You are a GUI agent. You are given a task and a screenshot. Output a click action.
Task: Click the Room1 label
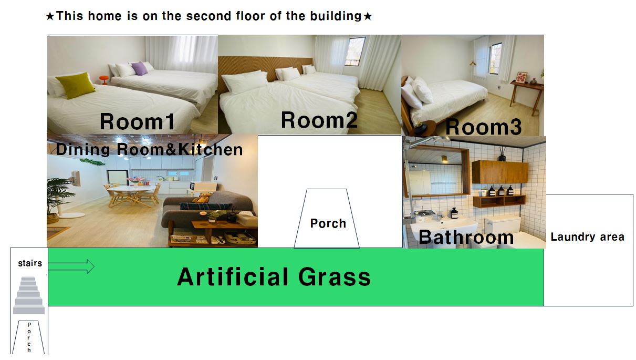click(138, 121)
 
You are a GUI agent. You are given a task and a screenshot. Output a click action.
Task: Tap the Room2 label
click(319, 120)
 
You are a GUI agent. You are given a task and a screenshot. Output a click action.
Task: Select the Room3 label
click(484, 127)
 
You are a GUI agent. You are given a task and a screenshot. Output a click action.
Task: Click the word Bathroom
click(466, 237)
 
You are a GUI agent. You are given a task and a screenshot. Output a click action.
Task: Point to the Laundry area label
click(588, 236)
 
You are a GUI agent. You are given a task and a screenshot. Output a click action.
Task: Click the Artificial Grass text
click(274, 277)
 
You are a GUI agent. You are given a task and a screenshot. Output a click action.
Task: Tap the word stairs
click(30, 263)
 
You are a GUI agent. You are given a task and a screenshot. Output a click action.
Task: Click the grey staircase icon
click(29, 295)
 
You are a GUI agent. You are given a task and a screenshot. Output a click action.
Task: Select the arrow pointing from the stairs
click(71, 266)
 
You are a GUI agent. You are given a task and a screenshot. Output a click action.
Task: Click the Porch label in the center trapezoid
click(328, 223)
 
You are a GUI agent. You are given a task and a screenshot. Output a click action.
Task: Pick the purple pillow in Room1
click(140, 68)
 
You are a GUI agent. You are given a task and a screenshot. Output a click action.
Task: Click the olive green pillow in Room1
click(76, 85)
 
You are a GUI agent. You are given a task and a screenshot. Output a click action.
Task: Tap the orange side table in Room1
click(104, 79)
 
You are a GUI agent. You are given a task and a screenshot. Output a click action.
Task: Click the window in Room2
click(355, 52)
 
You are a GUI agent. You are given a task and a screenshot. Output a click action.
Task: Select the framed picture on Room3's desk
click(522, 77)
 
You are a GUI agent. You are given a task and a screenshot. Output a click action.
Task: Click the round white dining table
click(131, 189)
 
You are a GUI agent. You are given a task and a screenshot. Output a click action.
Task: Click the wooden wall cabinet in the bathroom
click(500, 172)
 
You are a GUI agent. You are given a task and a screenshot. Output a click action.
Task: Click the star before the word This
click(50, 16)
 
